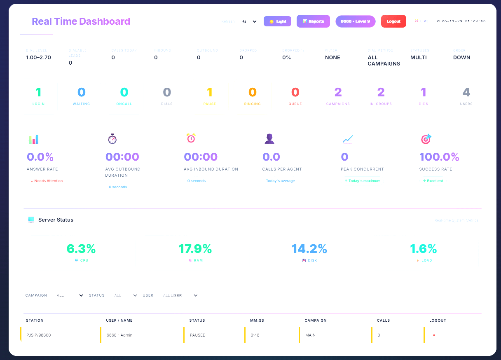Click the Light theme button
pos(277,21)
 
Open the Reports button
pos(313,21)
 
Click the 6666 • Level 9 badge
pos(355,21)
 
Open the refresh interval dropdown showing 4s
pos(249,21)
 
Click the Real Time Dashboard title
pos(81,21)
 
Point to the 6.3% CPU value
pos(81,249)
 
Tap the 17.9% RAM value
pos(195,249)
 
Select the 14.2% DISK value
pos(309,249)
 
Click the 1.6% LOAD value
pos(423,249)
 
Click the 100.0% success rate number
pos(439,157)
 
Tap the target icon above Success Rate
pos(426,139)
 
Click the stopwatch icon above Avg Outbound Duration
pos(112,139)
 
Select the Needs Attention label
pos(47,181)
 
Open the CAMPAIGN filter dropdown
pos(70,295)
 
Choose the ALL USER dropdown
pos(180,295)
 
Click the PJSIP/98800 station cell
pos(39,335)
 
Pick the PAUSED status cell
pos(198,335)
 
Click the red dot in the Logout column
pos(434,335)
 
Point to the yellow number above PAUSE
pos(209,92)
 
